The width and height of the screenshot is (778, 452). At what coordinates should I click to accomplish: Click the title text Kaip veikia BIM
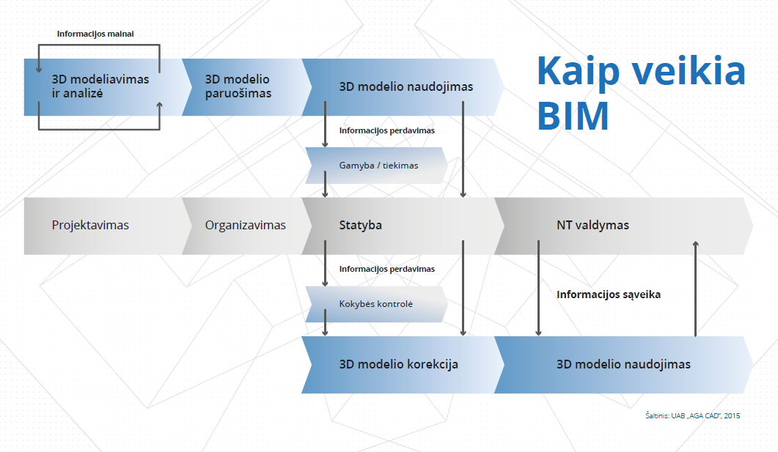[641, 93]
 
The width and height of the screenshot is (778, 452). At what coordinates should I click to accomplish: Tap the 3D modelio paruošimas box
[246, 87]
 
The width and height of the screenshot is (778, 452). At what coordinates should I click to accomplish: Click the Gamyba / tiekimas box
[376, 166]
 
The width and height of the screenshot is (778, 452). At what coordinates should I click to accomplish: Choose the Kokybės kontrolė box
[376, 304]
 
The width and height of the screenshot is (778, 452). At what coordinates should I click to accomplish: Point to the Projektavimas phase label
[90, 226]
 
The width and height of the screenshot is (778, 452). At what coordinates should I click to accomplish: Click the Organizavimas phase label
[246, 226]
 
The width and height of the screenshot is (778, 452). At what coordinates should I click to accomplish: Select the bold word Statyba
[361, 225]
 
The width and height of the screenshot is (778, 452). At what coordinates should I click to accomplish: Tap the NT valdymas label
[593, 225]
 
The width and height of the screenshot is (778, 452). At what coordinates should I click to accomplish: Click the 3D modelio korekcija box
[403, 365]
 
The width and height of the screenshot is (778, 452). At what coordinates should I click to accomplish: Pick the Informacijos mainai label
[95, 34]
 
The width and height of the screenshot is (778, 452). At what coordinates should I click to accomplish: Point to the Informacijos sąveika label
[609, 295]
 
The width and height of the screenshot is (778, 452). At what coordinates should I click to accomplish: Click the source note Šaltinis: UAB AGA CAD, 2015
[693, 416]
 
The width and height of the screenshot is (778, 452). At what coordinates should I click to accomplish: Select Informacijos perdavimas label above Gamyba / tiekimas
[387, 130]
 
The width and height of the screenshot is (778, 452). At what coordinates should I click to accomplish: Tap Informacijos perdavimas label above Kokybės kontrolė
[387, 269]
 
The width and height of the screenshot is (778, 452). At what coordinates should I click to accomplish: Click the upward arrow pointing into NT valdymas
[696, 289]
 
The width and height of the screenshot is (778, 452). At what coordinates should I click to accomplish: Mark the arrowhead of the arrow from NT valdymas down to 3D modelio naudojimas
[538, 333]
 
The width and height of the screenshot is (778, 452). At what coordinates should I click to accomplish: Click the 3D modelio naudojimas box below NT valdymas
[624, 365]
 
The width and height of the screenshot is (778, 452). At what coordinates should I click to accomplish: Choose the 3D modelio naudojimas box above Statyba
[403, 87]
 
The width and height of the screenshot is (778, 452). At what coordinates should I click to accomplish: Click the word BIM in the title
[573, 116]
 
